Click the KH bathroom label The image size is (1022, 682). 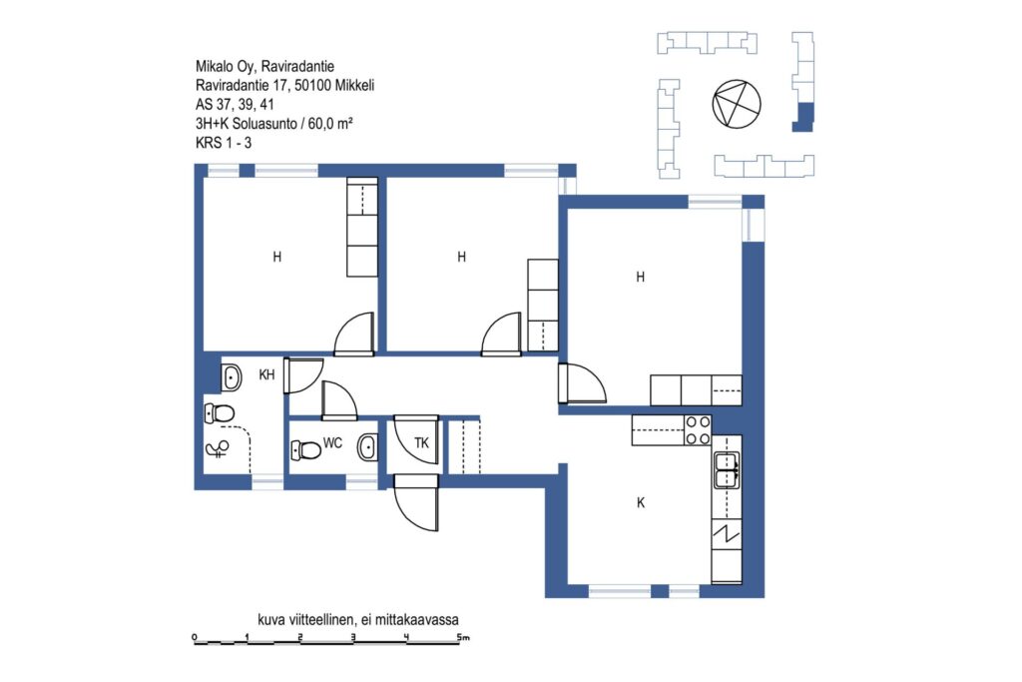tap(266, 374)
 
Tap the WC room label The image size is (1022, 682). tap(332, 443)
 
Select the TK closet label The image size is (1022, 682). tap(422, 443)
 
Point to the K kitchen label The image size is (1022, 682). tap(641, 502)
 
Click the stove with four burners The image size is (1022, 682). tap(698, 430)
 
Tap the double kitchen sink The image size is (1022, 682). tap(727, 469)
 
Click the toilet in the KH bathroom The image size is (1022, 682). tap(219, 413)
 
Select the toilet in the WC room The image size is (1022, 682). tap(305, 449)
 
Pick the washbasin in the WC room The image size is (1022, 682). tap(367, 447)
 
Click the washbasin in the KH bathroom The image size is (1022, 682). tap(232, 377)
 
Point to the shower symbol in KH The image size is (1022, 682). tap(217, 448)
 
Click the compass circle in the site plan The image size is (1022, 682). tap(737, 104)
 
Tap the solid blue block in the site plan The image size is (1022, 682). tap(803, 118)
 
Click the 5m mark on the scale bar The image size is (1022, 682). tap(463, 638)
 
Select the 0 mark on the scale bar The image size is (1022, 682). tap(195, 637)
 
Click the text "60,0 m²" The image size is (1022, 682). tap(330, 123)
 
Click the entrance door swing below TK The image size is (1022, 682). tap(416, 502)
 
